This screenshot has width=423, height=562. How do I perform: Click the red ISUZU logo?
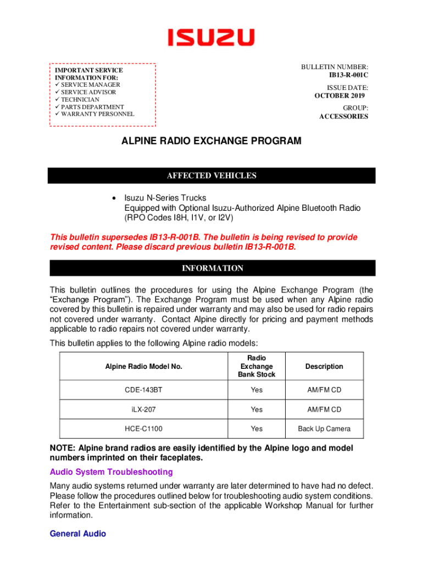click(211, 37)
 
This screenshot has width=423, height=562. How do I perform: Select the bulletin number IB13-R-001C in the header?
click(348, 75)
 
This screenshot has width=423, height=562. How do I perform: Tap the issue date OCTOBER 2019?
click(341, 95)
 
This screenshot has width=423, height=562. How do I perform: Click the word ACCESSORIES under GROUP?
click(344, 116)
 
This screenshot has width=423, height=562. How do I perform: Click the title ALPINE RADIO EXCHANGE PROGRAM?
click(211, 141)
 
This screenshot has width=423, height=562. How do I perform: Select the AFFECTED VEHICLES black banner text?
click(211, 176)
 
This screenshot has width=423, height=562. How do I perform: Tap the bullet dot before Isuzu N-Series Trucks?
click(113, 198)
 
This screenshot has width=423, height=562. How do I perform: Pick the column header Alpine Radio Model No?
click(143, 367)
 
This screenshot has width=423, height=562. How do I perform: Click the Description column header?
click(324, 367)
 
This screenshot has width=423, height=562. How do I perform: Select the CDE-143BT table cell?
click(143, 390)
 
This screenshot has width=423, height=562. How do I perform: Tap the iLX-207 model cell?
click(143, 409)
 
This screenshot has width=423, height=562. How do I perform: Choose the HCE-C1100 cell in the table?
click(143, 429)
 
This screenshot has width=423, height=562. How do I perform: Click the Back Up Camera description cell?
click(324, 429)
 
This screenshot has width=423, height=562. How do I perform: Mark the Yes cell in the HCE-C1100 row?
click(257, 429)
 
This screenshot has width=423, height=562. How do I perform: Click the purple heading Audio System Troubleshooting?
click(111, 472)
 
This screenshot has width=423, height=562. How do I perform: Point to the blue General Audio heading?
click(77, 533)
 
